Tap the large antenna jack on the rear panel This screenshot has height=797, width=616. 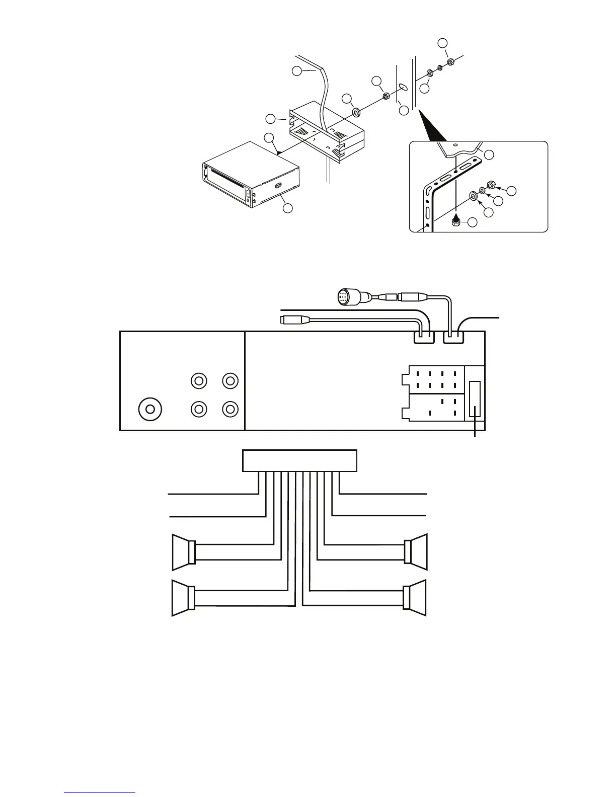click(149, 410)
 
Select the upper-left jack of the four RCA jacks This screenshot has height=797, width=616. click(199, 381)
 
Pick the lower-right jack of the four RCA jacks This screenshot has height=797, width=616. click(230, 409)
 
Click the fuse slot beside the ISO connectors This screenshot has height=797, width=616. click(475, 399)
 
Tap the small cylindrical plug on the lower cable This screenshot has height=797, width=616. click(290, 319)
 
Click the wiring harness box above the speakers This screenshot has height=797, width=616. click(299, 460)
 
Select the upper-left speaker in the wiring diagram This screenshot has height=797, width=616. click(183, 552)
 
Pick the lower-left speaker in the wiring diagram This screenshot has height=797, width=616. click(183, 598)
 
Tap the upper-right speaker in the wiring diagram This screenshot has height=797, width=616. click(416, 552)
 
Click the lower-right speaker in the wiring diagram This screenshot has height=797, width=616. click(416, 598)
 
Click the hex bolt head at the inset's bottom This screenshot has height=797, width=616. click(455, 222)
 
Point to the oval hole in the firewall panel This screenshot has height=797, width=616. click(402, 87)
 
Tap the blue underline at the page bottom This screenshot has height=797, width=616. click(100, 793)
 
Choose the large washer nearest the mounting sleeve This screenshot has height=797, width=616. click(356, 111)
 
